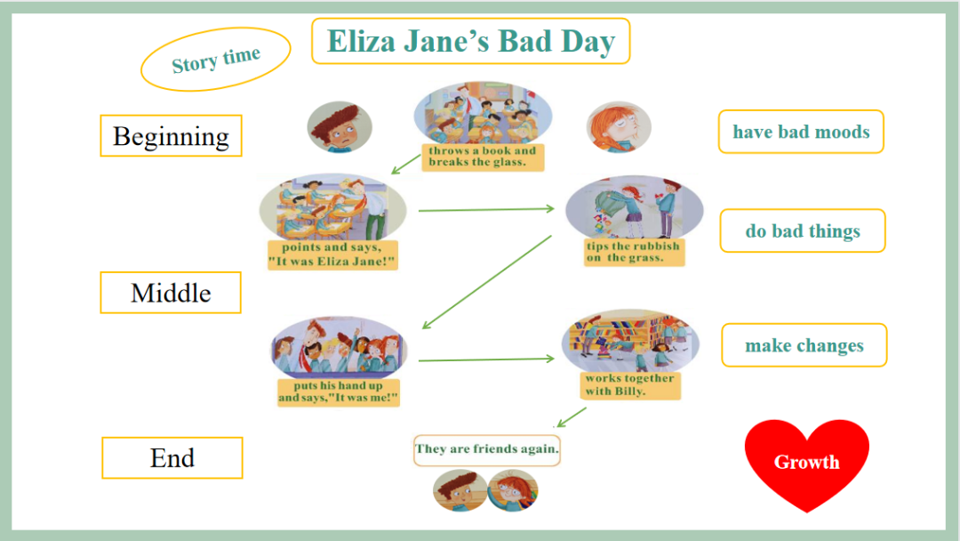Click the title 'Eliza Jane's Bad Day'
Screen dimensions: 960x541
click(x=470, y=41)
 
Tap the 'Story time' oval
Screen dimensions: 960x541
click(x=215, y=60)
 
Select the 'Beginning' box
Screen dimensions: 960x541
click(x=171, y=135)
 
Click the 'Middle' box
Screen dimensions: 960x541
click(x=171, y=292)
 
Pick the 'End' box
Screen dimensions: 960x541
click(x=172, y=457)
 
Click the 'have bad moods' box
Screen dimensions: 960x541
click(x=801, y=132)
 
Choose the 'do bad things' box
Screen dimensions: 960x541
click(x=803, y=230)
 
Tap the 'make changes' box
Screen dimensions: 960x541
click(x=804, y=345)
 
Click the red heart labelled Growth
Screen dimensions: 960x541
click(x=807, y=463)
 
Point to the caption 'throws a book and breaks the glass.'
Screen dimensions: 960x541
click(x=483, y=157)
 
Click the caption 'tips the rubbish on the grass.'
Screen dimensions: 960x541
click(x=634, y=252)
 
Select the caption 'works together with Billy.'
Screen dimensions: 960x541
click(x=630, y=384)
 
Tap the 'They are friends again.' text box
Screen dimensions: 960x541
click(x=487, y=449)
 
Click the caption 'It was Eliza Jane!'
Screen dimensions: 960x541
click(x=332, y=262)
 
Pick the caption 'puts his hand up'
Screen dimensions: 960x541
click(x=338, y=385)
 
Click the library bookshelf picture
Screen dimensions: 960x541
click(x=630, y=341)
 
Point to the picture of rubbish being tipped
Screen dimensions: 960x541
click(x=634, y=208)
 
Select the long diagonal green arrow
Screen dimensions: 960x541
click(x=487, y=282)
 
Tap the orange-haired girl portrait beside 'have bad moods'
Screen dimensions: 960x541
click(x=619, y=127)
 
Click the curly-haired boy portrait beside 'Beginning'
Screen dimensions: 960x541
click(x=340, y=127)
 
